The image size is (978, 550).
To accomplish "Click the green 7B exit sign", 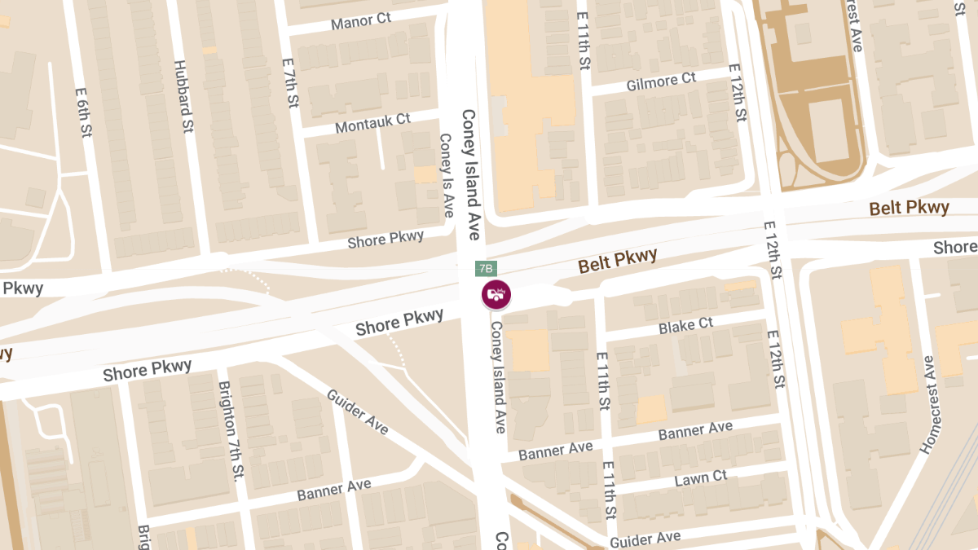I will point(486,268).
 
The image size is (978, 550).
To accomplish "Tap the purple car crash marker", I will point(496,294).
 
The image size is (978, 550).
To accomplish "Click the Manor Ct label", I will point(360,21).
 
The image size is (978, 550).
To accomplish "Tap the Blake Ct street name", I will point(685,325).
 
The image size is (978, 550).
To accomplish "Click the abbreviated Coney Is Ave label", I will point(446,176).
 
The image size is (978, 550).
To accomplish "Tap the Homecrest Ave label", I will point(928,404).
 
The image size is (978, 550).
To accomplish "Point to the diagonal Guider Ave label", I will point(358,411).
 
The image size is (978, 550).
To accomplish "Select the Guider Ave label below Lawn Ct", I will point(645,539).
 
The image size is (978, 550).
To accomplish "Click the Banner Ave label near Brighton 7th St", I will point(334,490).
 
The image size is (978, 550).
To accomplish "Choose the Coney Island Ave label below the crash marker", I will point(499,376).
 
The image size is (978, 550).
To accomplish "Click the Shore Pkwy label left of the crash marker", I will point(399,322).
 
